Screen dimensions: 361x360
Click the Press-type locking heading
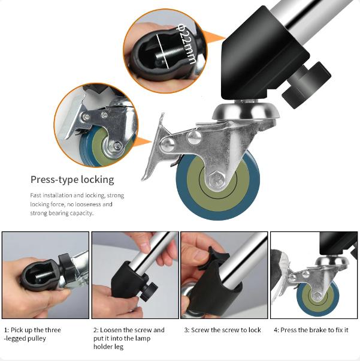(x=72, y=179)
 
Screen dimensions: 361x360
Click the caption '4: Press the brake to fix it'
(x=311, y=330)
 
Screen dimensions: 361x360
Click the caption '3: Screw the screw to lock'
(x=223, y=330)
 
